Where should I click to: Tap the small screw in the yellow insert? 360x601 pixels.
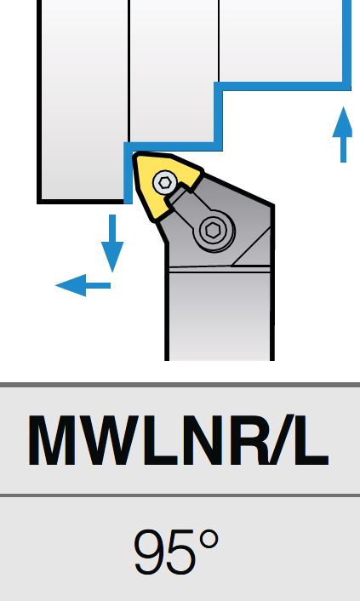click(x=165, y=183)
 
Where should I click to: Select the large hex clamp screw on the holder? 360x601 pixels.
click(x=212, y=231)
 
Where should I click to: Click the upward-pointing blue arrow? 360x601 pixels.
click(x=342, y=135)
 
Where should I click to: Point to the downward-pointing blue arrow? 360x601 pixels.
click(x=112, y=243)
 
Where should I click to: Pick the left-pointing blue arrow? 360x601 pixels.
click(x=83, y=285)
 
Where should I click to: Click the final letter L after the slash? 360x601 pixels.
click(x=310, y=440)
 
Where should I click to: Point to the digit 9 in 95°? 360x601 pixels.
click(x=151, y=552)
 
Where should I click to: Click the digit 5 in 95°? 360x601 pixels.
click(x=182, y=552)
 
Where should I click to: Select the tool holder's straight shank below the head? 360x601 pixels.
click(x=220, y=314)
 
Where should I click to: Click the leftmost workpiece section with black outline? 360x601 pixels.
click(x=83, y=100)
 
